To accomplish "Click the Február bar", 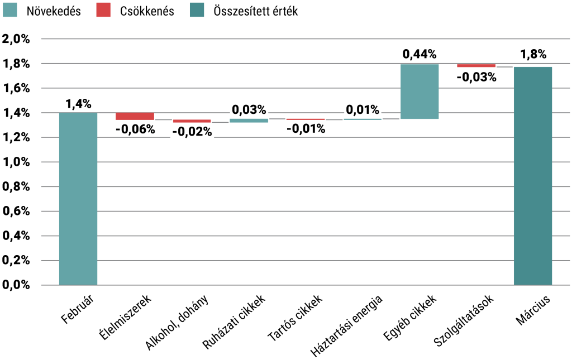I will pos(78,199).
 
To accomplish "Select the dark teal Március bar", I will pos(533,176).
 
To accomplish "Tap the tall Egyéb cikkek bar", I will pos(420,92).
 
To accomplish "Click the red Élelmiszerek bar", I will pos(135,116).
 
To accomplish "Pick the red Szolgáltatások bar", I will pos(476,65).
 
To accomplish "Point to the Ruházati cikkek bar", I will pos(249,120).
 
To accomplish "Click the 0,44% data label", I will pos(420,54).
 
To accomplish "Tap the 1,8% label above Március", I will pos(533,55).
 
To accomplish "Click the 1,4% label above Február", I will pos(78,103).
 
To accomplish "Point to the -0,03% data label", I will pos(476,77).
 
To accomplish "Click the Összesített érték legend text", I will pos(255,11).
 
